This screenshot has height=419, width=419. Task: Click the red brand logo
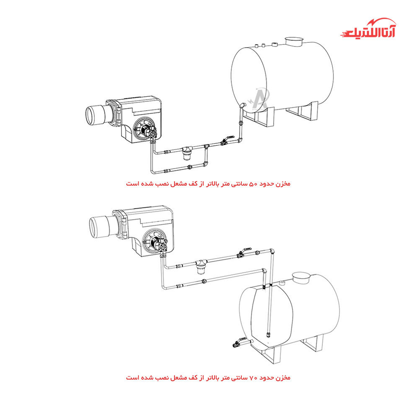pyautogui.click(x=368, y=28)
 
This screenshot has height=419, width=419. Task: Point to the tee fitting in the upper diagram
pyautogui.click(x=206, y=146)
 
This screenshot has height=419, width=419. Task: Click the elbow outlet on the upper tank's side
pyautogui.click(x=242, y=105)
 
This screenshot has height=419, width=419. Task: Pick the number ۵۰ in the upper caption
pyautogui.click(x=253, y=184)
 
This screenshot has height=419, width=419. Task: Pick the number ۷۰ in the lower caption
pyautogui.click(x=253, y=378)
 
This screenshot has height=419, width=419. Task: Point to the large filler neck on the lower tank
pyautogui.click(x=301, y=278)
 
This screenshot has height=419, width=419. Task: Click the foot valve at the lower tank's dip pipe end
pyautogui.click(x=268, y=334)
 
